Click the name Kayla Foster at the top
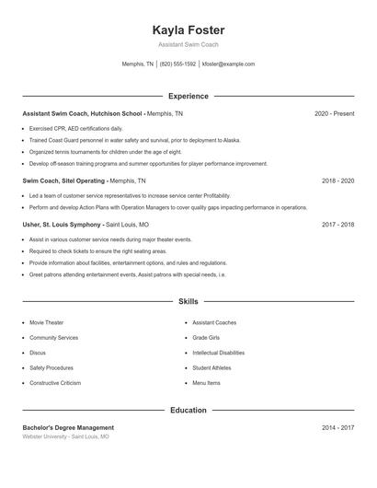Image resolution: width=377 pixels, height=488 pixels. [x=188, y=29]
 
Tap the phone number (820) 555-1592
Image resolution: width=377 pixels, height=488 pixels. [x=177, y=64]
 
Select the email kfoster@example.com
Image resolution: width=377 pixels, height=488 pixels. [x=228, y=64]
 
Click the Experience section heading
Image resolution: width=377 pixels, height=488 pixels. [x=188, y=96]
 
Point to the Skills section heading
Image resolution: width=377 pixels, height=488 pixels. [x=188, y=301]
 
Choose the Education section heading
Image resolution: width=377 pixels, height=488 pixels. [x=188, y=410]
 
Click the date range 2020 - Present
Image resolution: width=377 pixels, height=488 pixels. [x=334, y=113]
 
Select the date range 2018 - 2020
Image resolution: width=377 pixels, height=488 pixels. [x=337, y=181]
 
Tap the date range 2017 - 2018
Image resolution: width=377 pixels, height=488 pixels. [x=337, y=224]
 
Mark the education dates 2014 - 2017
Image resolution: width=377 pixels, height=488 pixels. [x=337, y=427]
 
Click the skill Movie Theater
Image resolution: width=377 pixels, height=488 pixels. [x=47, y=323]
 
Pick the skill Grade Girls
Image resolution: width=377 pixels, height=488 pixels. [x=206, y=338]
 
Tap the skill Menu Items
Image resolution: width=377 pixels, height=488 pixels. [x=206, y=382]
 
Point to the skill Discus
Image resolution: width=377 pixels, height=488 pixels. [x=38, y=353]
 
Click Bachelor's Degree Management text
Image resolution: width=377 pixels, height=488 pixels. [x=68, y=427]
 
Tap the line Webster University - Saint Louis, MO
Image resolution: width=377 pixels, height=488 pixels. [x=65, y=436]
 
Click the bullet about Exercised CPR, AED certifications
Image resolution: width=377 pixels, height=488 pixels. [x=75, y=128]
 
